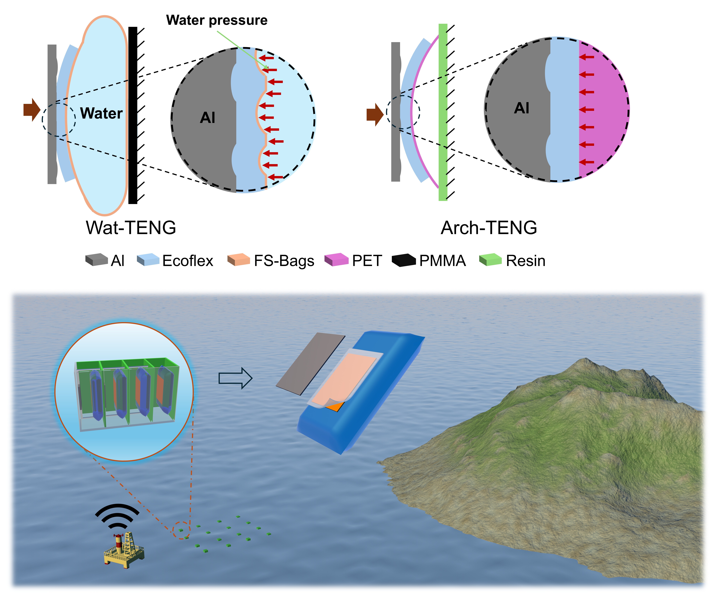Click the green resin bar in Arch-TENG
click(x=443, y=113)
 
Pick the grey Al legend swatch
click(x=96, y=260)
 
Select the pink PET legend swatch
click(x=336, y=260)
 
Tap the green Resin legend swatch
click(x=490, y=260)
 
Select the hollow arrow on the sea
click(x=235, y=378)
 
